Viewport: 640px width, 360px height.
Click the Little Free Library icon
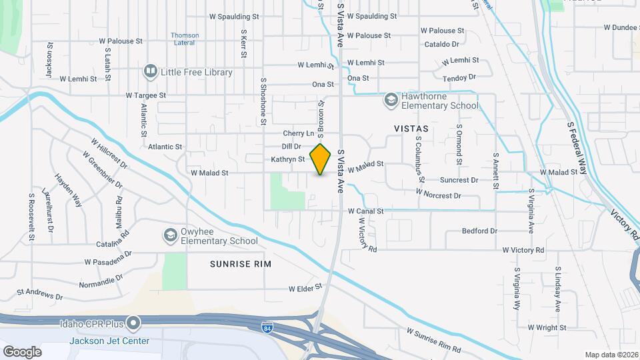click(x=151, y=72)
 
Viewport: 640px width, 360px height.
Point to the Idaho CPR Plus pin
click(x=133, y=324)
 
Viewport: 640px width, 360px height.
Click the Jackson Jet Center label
click(x=109, y=341)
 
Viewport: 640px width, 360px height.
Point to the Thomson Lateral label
click(x=184, y=39)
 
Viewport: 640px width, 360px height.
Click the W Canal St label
click(x=365, y=211)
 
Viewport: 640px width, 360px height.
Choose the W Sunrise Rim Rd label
click(x=433, y=340)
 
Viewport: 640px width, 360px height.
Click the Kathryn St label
click(x=287, y=159)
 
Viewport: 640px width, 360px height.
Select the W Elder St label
click(x=305, y=289)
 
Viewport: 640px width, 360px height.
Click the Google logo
click(x=22, y=351)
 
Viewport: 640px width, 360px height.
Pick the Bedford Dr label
click(x=479, y=231)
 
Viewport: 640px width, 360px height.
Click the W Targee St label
click(x=145, y=96)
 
